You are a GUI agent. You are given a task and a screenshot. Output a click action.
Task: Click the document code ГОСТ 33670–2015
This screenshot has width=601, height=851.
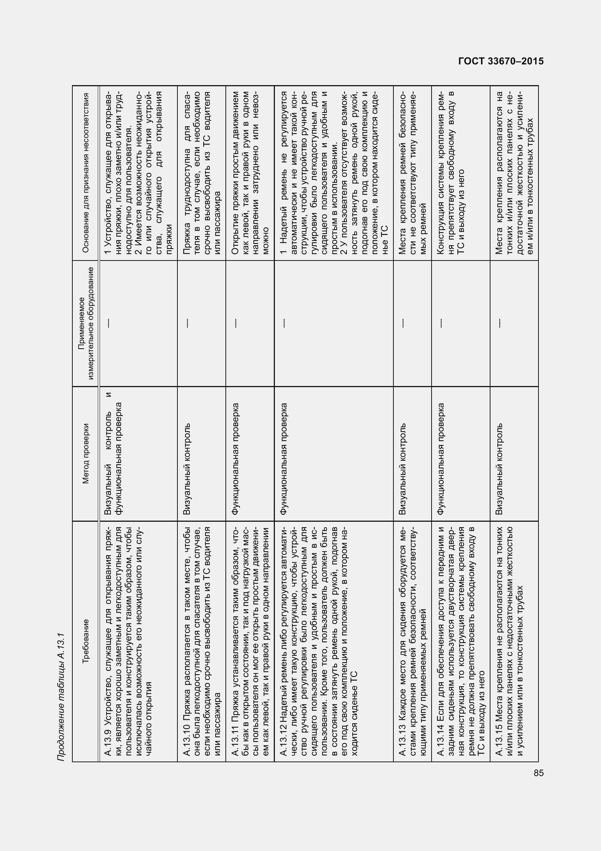(x=501, y=61)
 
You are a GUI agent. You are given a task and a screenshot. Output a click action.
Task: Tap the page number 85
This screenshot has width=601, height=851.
(x=539, y=773)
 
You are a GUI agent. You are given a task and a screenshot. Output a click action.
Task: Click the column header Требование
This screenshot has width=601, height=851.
(x=85, y=641)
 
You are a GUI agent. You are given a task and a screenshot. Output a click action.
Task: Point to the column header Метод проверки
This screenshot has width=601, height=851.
(x=85, y=454)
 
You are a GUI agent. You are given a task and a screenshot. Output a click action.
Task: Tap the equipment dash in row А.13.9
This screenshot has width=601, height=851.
(x=108, y=323)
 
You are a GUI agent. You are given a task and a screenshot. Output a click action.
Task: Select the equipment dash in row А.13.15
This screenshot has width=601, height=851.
(x=499, y=323)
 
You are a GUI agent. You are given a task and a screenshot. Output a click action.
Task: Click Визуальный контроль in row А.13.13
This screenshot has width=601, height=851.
(x=403, y=469)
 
